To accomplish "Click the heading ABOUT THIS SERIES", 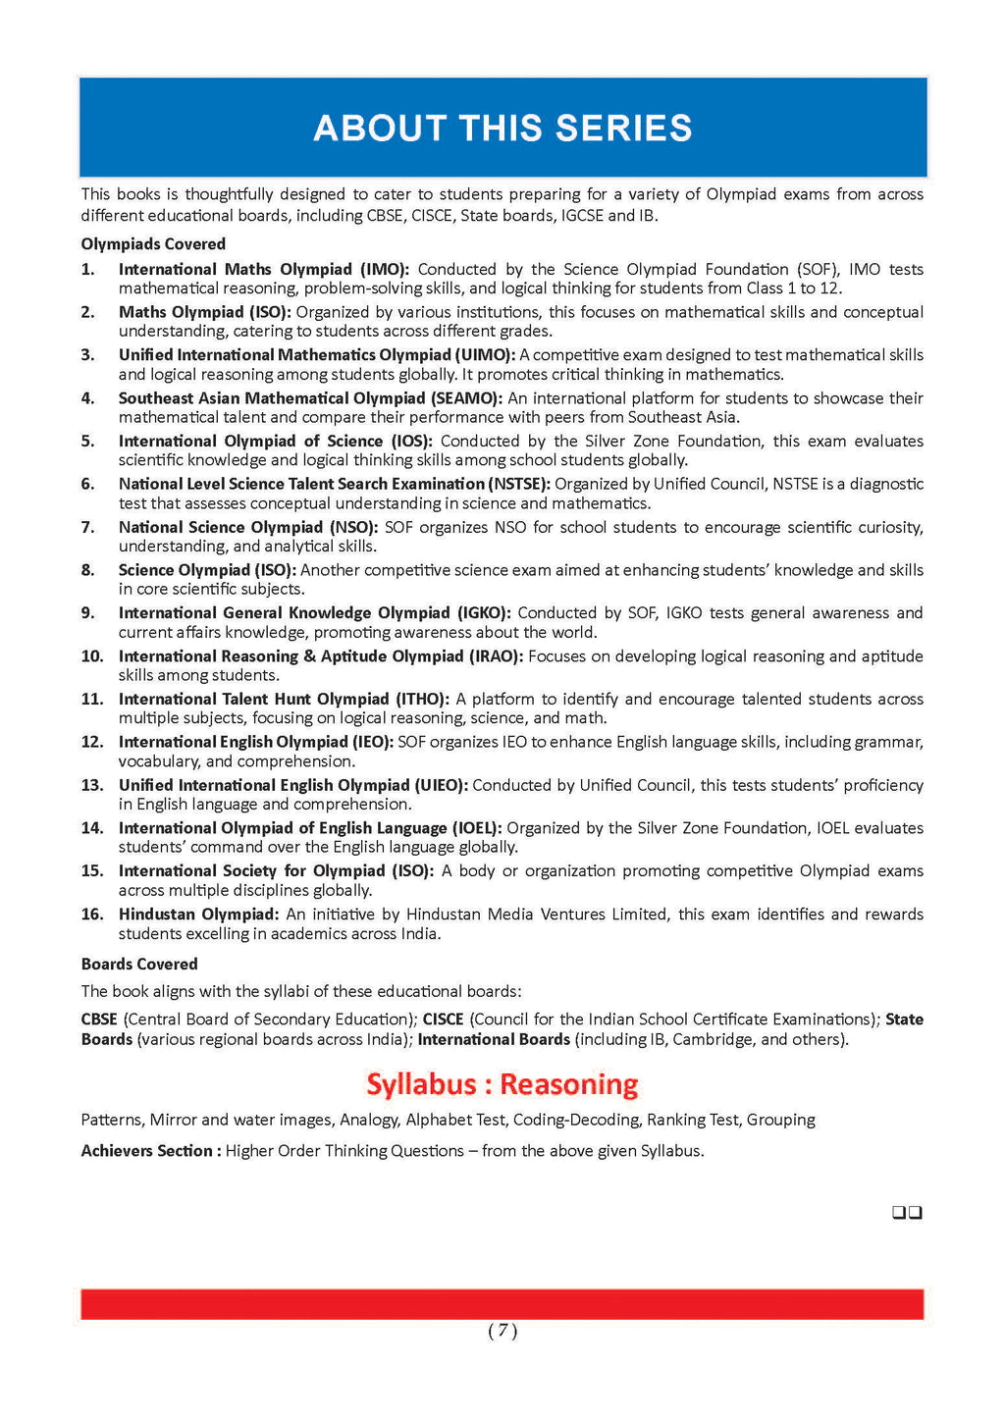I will pos(502,129).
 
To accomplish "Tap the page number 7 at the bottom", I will pos(502,1331).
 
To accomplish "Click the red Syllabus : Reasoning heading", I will pos(502,1084).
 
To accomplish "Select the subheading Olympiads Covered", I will pos(153,244).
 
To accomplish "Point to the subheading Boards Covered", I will pos(139,965).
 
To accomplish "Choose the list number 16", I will pos(92,915).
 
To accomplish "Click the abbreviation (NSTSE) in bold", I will pos(520,484).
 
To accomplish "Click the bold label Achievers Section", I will pos(147,1151).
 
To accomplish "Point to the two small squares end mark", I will pos(907,1213).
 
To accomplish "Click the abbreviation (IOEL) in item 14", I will pos(476,828).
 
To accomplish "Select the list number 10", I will pos(92,656).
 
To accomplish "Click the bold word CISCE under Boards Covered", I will pos(443,1020).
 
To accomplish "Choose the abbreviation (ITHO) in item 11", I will pos(422,700).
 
